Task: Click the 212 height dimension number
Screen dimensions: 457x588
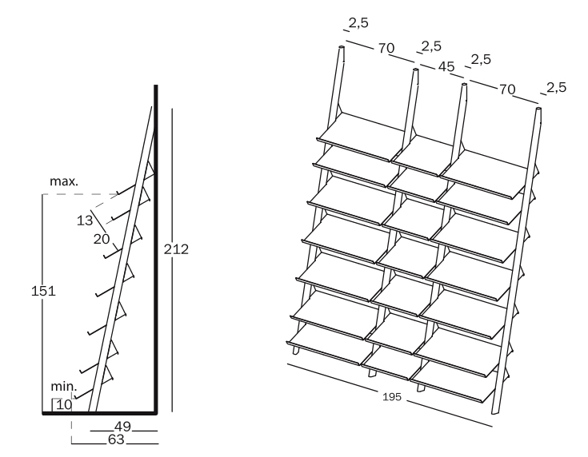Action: tap(175, 249)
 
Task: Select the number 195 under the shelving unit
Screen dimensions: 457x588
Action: tap(393, 397)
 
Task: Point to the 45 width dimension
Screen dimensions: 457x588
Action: tap(446, 67)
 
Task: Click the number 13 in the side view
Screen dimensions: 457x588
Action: tap(85, 220)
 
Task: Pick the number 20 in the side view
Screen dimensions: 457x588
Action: tap(102, 238)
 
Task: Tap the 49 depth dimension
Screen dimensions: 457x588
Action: tap(122, 425)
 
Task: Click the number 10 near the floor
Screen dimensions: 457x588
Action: tap(64, 404)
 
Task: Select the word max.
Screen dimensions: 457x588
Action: tap(64, 181)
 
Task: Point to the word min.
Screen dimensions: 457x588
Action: tap(64, 387)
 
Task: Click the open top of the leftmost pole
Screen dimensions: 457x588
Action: tap(342, 49)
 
